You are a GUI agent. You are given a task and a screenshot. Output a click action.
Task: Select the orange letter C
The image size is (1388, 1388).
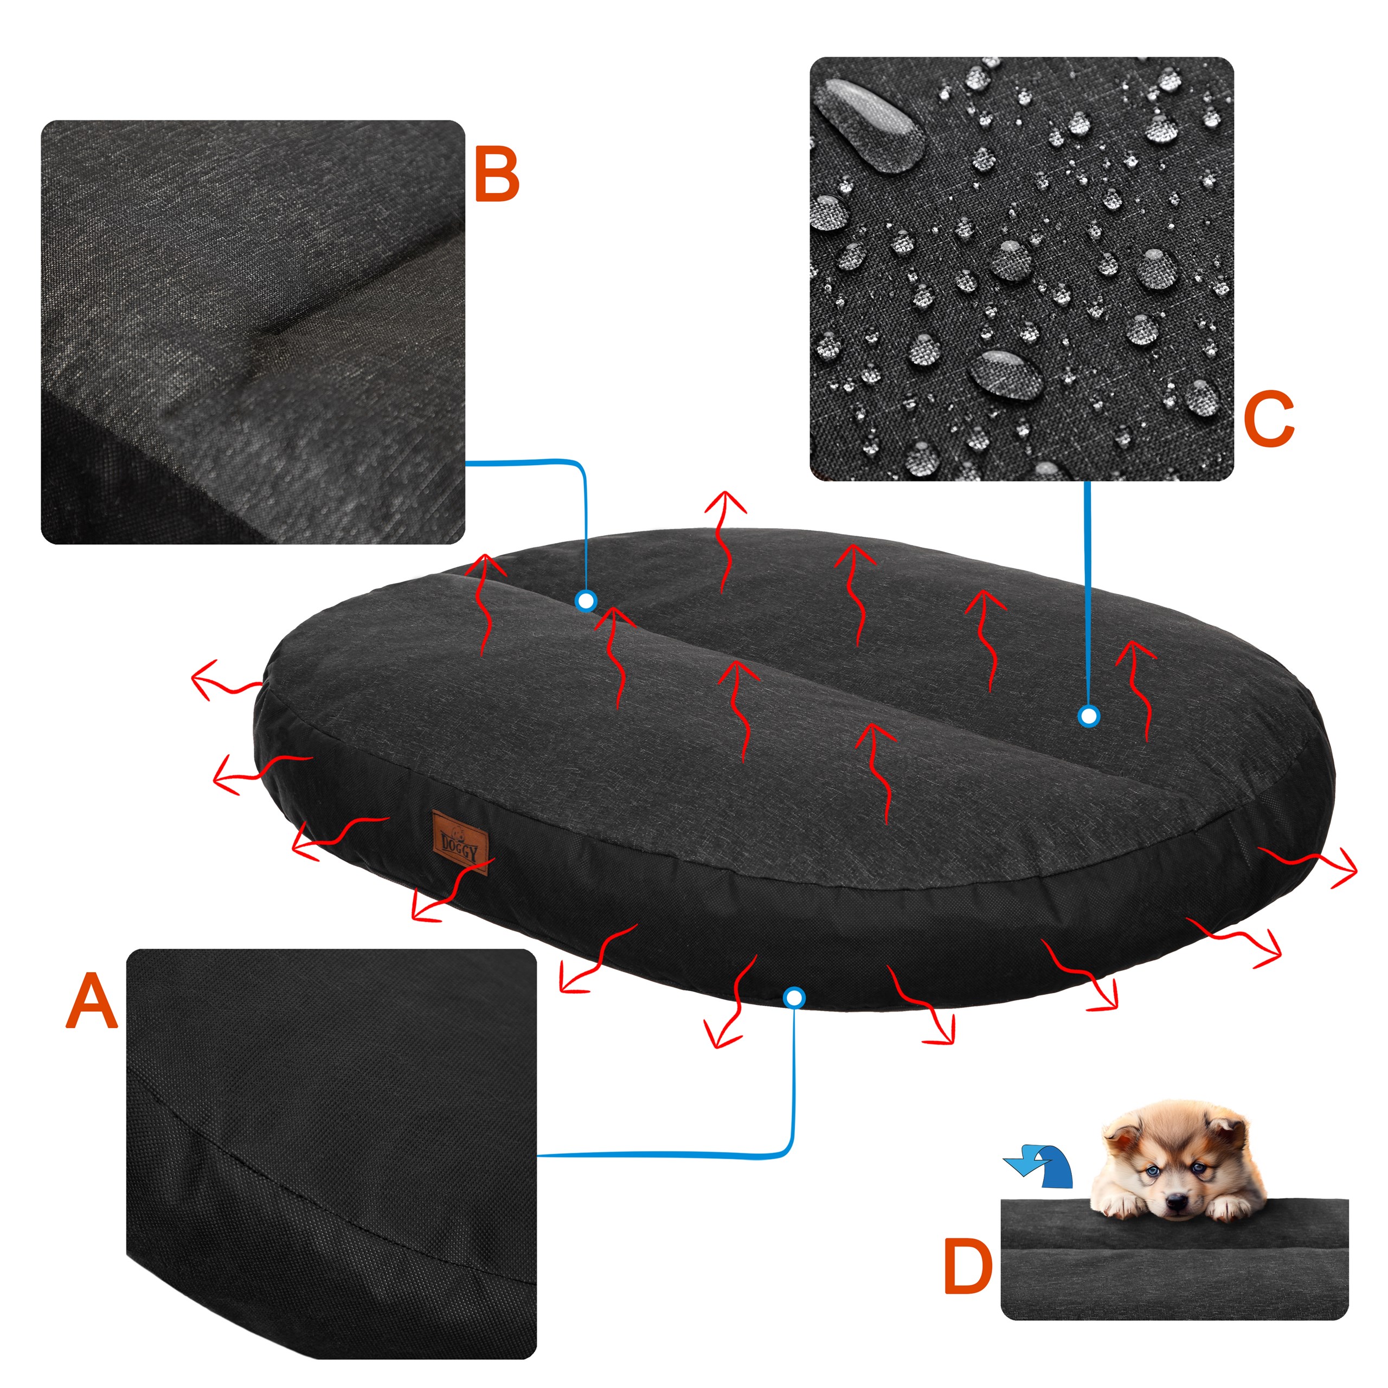(1269, 419)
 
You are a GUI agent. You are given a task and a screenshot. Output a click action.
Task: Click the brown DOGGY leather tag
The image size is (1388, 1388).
(460, 841)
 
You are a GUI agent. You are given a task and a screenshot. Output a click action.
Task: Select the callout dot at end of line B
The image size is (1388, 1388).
(586, 601)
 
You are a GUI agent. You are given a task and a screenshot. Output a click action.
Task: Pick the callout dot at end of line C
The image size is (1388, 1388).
(1089, 716)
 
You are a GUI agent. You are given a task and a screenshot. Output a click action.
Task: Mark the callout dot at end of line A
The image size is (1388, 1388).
(794, 997)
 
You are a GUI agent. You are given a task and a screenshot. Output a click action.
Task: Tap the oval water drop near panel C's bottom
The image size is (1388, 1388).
(1006, 374)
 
